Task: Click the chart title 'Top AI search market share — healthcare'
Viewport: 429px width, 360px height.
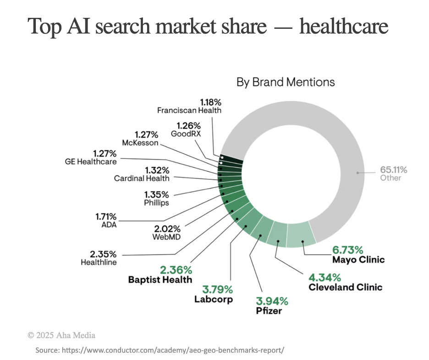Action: tap(208, 27)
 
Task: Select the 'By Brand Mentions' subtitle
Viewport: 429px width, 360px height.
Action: tap(286, 82)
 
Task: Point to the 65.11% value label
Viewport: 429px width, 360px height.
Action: tap(393, 169)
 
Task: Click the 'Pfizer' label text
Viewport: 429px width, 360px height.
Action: tap(269, 311)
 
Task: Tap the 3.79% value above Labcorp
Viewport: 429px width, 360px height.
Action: tap(217, 289)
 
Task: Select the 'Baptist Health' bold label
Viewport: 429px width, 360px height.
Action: tap(160, 279)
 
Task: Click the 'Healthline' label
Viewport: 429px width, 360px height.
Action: tap(99, 262)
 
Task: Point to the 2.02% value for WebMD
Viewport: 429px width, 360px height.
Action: tap(167, 228)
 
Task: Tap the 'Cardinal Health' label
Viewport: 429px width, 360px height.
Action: tap(142, 178)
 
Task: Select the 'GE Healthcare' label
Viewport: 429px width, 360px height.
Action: tap(91, 161)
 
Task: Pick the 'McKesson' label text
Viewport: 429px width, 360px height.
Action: tap(140, 143)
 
